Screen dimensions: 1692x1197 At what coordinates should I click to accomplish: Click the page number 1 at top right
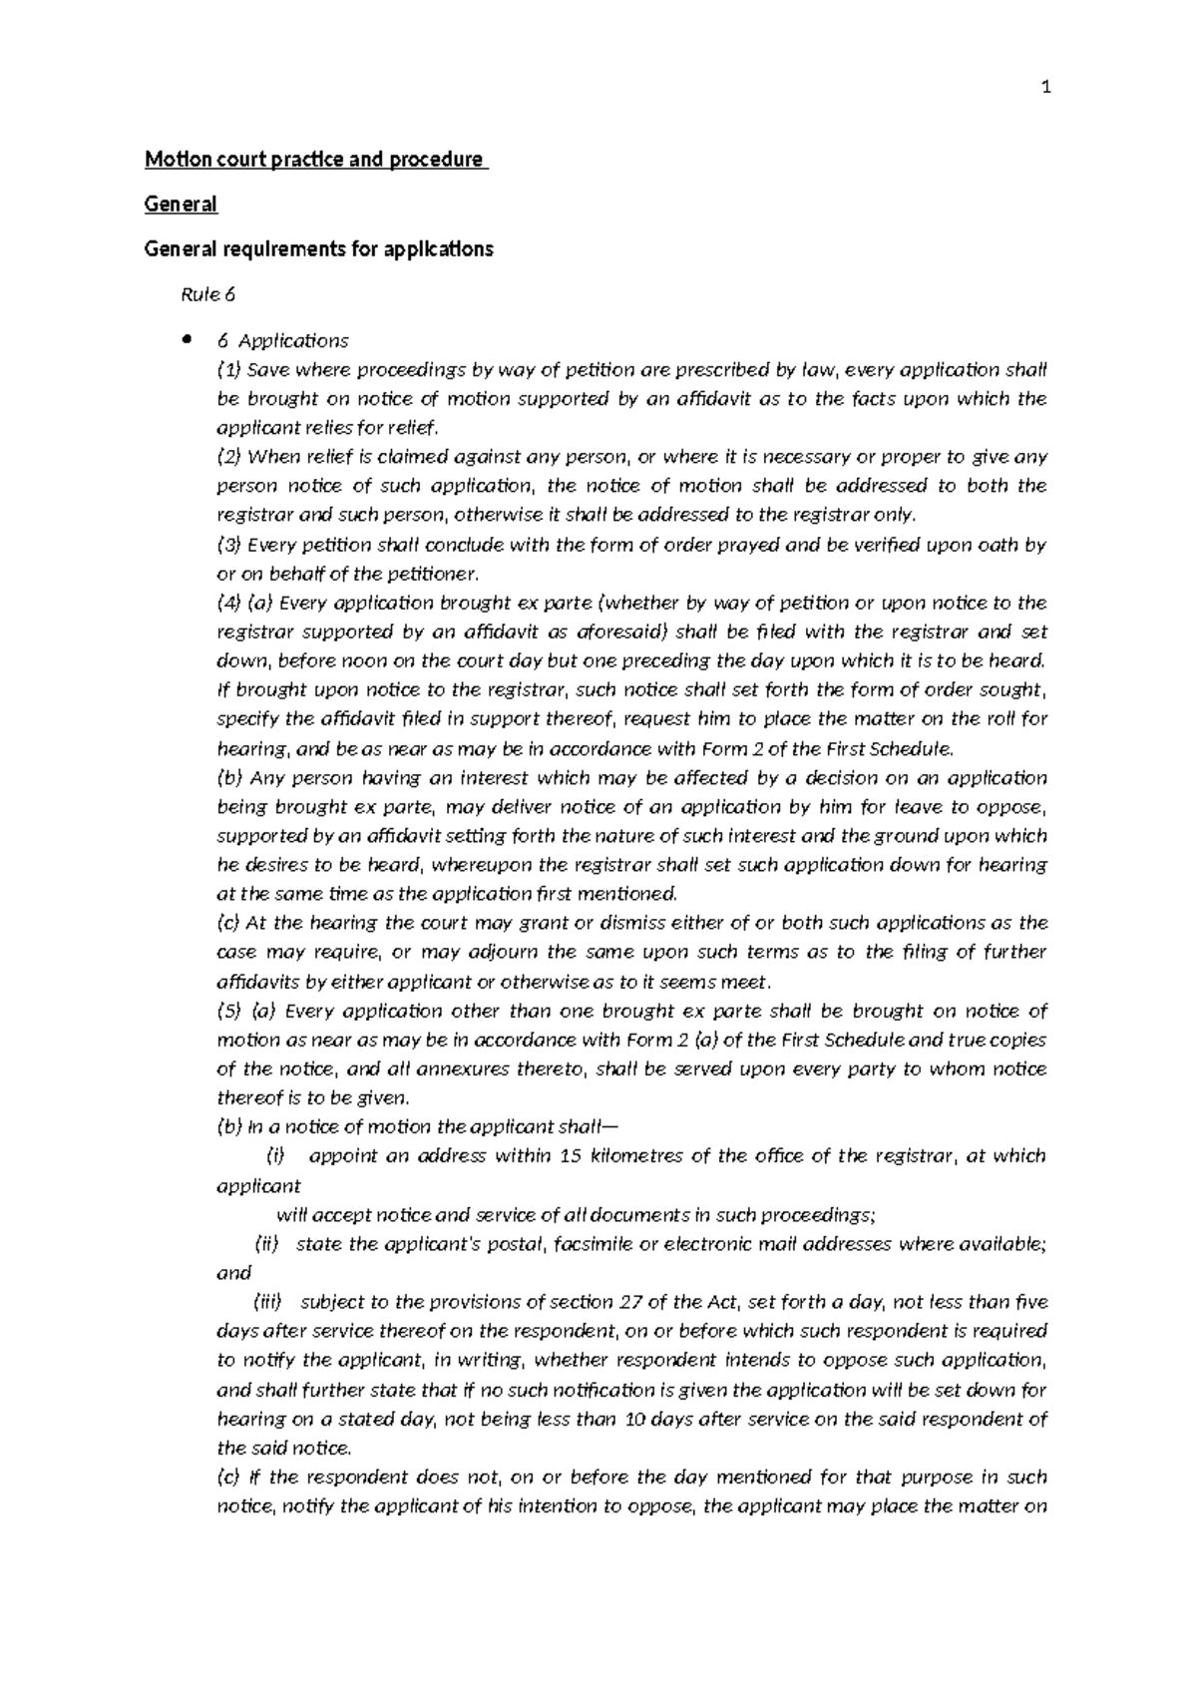pos(1045,89)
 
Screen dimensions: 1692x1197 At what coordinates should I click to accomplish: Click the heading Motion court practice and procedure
pos(315,160)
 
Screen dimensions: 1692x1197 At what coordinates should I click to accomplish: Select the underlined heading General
pos(181,205)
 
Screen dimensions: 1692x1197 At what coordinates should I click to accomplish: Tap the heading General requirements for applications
pos(319,249)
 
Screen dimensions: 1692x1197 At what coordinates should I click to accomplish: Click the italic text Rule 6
pos(207,295)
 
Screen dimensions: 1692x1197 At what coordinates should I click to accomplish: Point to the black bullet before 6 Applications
pos(186,339)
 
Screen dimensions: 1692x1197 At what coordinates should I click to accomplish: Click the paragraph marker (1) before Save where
pos(229,370)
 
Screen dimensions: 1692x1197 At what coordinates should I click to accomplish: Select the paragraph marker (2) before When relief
pos(229,457)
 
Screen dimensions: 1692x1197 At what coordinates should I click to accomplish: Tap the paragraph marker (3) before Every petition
pos(229,545)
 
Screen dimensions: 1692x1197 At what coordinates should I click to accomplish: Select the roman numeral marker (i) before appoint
pos(275,1156)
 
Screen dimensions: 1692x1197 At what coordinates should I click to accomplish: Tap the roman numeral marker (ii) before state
pos(268,1244)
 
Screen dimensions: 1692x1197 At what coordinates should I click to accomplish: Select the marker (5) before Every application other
pos(229,1011)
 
